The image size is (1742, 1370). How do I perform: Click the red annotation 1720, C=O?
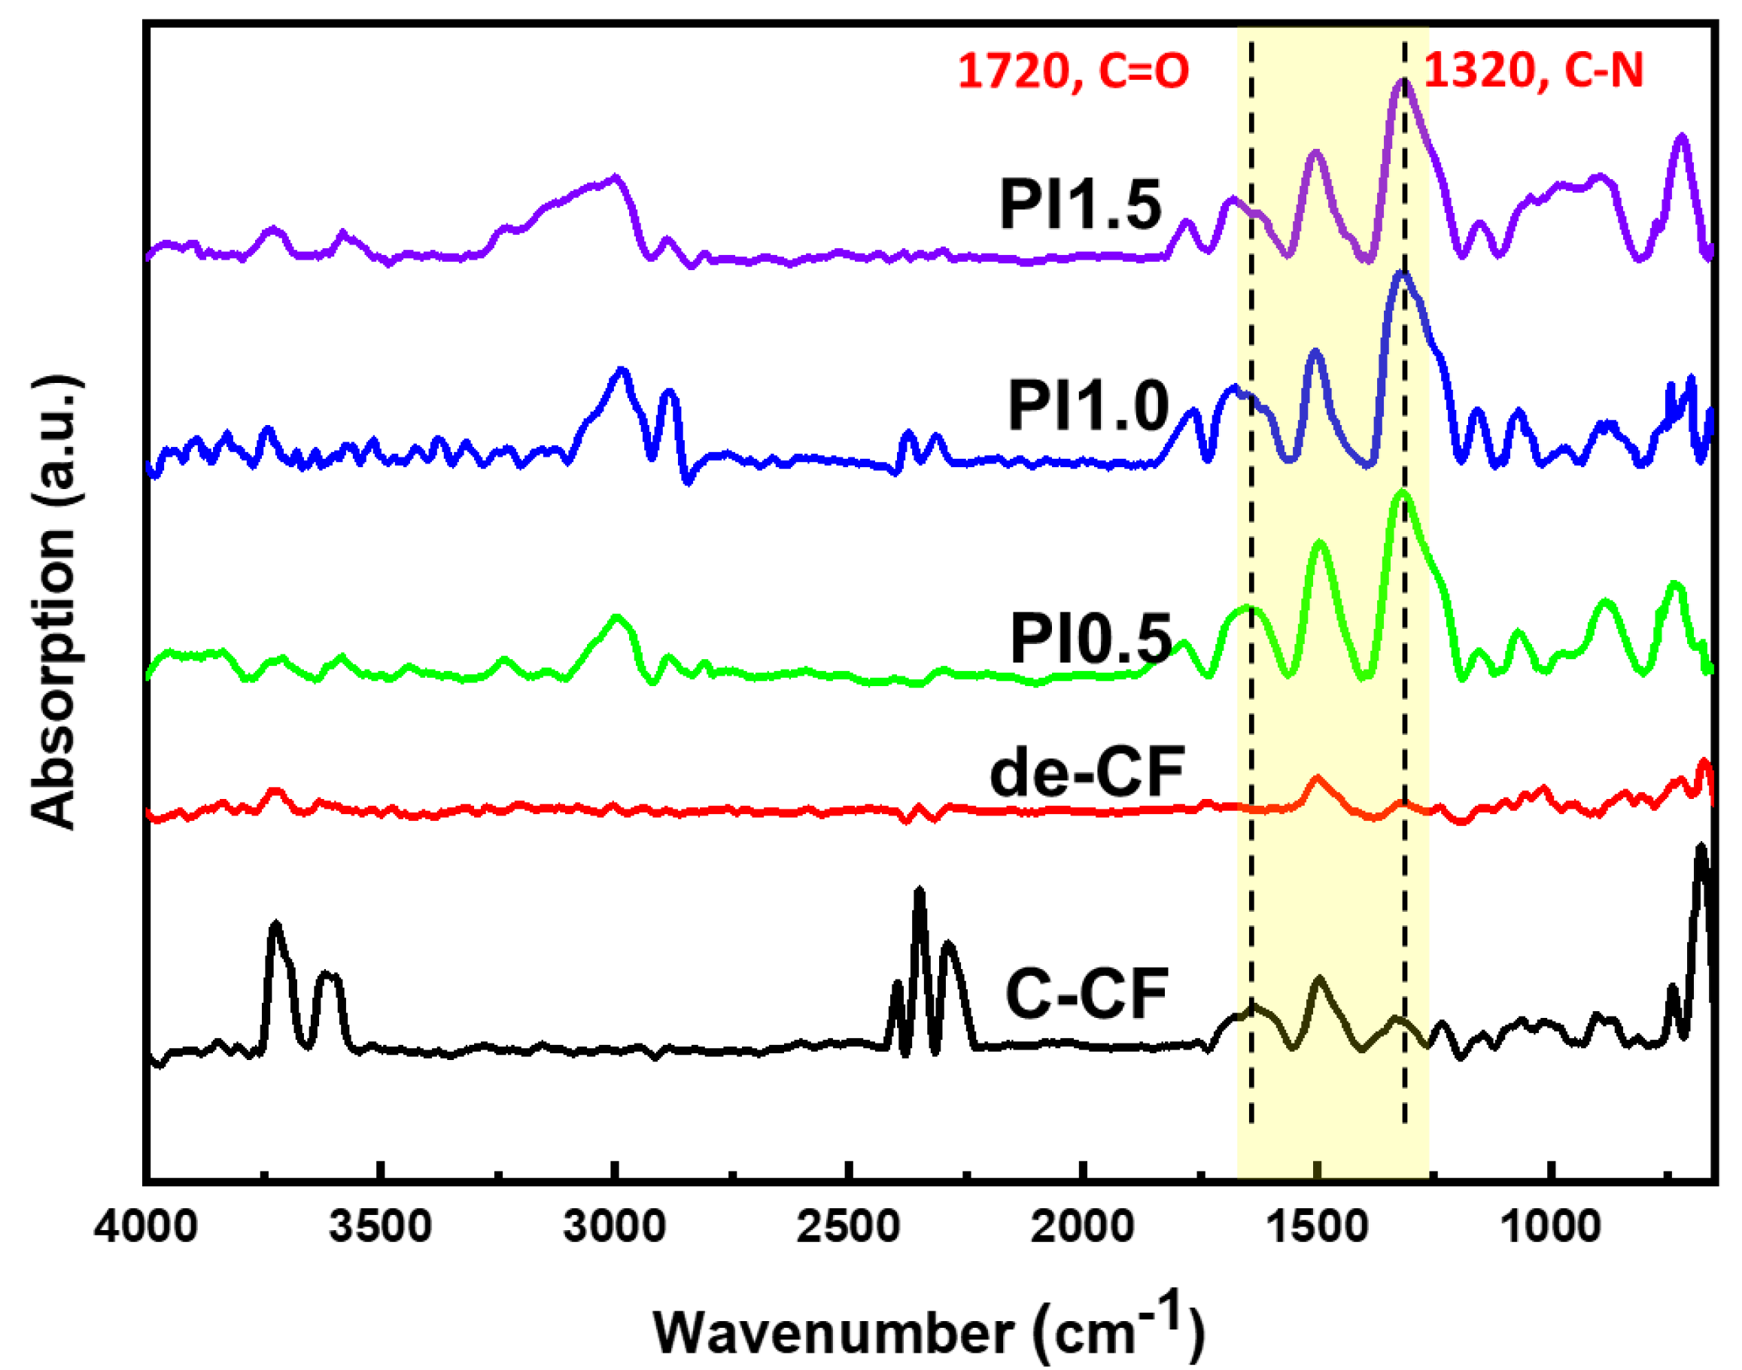tap(1073, 71)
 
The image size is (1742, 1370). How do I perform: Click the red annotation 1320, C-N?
tap(1534, 71)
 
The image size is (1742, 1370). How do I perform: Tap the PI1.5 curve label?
tap(1080, 205)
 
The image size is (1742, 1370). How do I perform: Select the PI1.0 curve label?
tap(1088, 407)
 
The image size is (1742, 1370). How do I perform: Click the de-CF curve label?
tap(1087, 773)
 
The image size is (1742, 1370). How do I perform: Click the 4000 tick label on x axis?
tap(146, 1227)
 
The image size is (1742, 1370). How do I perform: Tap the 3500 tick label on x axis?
tap(382, 1227)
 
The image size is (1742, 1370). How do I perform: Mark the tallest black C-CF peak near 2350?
tap(920, 890)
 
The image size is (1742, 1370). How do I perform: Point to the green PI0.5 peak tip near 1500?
tap(1320, 544)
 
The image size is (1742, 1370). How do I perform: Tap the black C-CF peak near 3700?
tap(276, 925)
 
